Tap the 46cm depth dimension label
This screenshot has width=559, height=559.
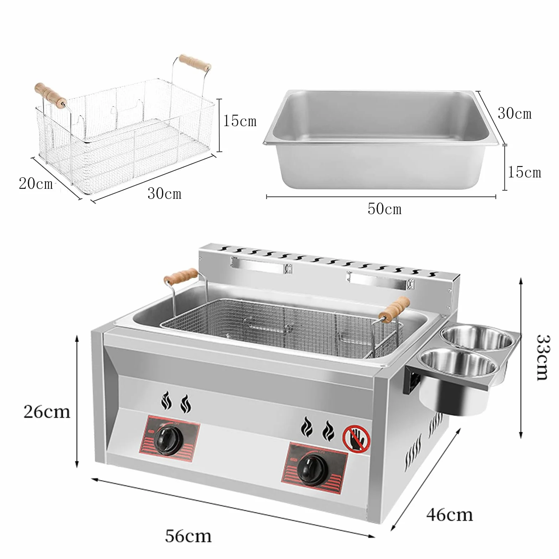[450, 514]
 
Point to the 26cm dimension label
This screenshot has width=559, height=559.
[47, 412]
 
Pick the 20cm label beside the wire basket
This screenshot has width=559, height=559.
[36, 183]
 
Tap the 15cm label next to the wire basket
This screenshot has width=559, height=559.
[240, 121]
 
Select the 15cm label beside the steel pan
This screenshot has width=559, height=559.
[524, 172]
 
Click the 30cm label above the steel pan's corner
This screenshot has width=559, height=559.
[514, 113]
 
